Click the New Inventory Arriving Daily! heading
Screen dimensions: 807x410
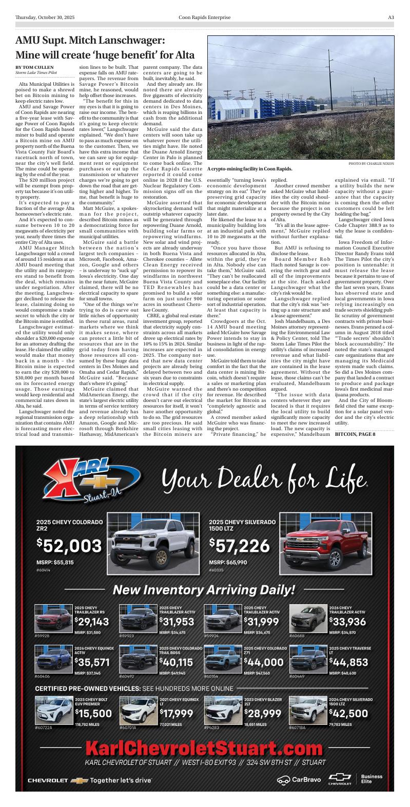pyautogui.click(x=204, y=590)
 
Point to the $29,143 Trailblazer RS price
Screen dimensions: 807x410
pyautogui.click(x=92, y=622)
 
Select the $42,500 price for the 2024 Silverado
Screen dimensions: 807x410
pyautogui.click(x=348, y=714)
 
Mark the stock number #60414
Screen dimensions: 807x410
pyautogui.click(x=44, y=570)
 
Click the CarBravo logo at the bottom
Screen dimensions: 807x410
pyautogui.click(x=299, y=780)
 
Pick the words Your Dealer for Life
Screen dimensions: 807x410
pyautogui.click(x=264, y=479)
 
